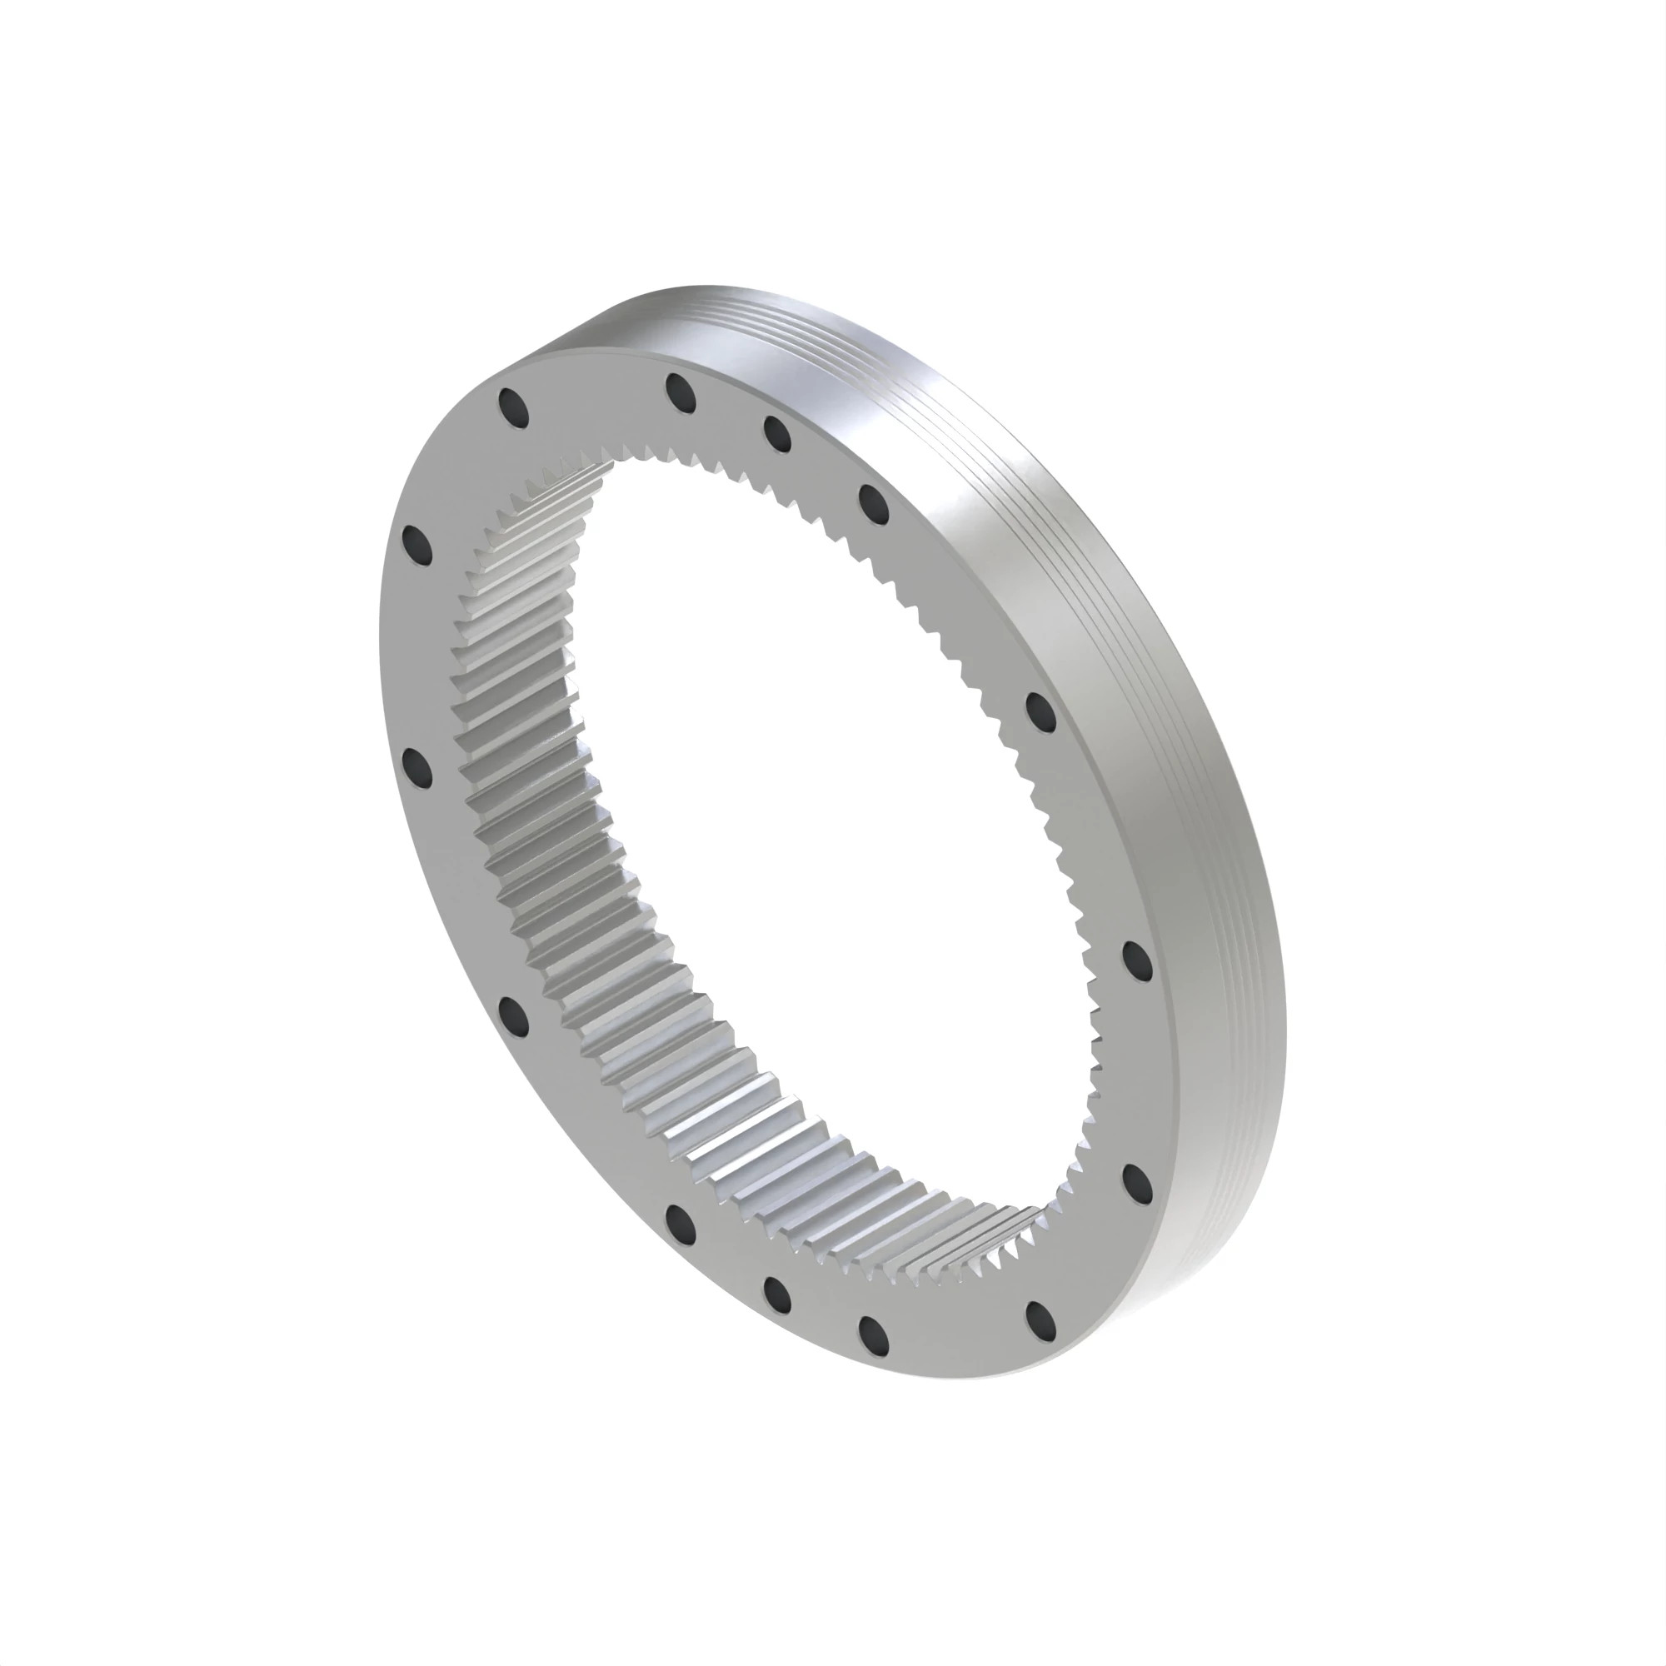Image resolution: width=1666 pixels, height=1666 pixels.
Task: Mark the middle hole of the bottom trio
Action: [x=776, y=1293]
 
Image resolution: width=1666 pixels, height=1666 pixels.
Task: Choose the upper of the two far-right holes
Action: [x=1138, y=960]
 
